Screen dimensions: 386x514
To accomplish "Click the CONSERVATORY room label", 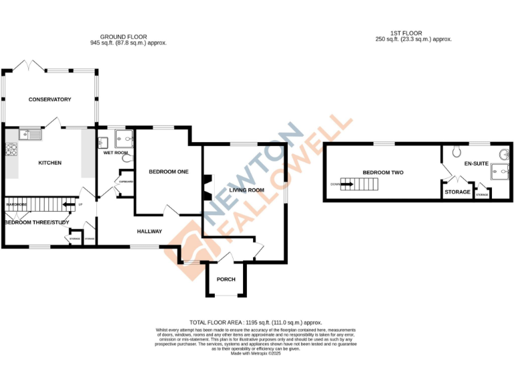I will point(50,100).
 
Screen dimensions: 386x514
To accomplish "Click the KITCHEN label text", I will point(50,163).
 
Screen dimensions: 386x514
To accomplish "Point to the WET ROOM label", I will point(115,153).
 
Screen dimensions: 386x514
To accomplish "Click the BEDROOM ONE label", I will point(168,172).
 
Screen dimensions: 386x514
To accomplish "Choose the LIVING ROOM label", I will point(246,190).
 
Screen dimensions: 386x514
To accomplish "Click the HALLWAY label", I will point(150,232).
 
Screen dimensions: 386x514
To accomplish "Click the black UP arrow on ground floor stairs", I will point(68,205).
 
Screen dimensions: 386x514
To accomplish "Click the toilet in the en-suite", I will point(457,151).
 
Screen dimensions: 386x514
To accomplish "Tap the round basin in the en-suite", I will point(502,154).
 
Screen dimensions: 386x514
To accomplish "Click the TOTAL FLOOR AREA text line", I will point(256,322).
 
